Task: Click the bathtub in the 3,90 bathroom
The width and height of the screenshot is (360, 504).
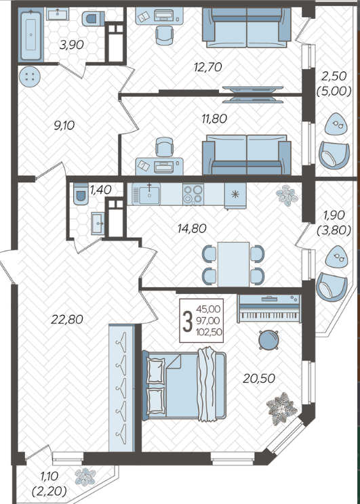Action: pos(31,35)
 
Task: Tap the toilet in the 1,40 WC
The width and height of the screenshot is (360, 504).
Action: pos(81,194)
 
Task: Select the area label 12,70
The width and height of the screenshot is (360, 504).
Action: pos(208,67)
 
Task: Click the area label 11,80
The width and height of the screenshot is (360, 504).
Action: pos(214,119)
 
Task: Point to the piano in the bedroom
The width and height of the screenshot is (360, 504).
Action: pos(269,309)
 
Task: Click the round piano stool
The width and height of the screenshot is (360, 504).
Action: pos(268,339)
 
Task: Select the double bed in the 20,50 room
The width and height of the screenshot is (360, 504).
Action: pos(184,384)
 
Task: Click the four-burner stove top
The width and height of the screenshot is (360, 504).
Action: pos(193,194)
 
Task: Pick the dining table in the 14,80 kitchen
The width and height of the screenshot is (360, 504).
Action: pos(233,264)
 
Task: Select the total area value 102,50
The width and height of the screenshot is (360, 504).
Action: pos(209,332)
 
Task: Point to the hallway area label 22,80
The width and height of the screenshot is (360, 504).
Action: pos(67,320)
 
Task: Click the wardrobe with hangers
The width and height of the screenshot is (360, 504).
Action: pos(121,388)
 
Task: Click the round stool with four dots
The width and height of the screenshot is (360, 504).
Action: pos(29,76)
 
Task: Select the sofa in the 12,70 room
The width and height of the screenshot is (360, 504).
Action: pos(247,28)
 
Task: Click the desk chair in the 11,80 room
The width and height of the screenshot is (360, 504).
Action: pos(164,147)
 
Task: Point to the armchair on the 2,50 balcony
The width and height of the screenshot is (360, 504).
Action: pos(334,155)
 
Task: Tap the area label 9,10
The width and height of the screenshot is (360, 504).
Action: pos(64,125)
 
